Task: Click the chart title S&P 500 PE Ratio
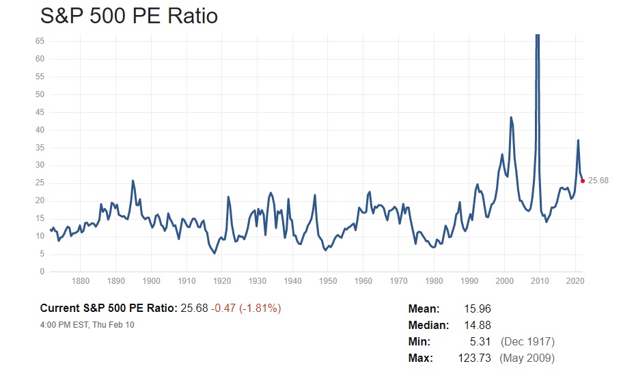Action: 129,15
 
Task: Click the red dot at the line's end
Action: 582,181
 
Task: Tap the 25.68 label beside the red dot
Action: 598,181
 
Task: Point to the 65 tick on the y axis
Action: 40,41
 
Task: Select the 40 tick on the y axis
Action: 40,130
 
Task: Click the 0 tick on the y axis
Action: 42,272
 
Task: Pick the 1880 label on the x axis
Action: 81,281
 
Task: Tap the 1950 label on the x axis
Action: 328,281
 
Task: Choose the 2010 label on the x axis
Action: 540,281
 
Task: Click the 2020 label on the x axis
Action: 575,281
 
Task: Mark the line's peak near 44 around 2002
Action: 511,118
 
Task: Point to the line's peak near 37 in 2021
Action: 578,140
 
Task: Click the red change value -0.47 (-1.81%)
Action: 246,308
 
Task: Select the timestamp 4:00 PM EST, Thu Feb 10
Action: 87,324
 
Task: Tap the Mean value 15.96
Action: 477,309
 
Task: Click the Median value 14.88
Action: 477,326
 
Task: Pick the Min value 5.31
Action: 480,341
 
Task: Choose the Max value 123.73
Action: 474,358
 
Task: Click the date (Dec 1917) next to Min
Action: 527,341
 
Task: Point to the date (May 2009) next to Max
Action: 527,358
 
